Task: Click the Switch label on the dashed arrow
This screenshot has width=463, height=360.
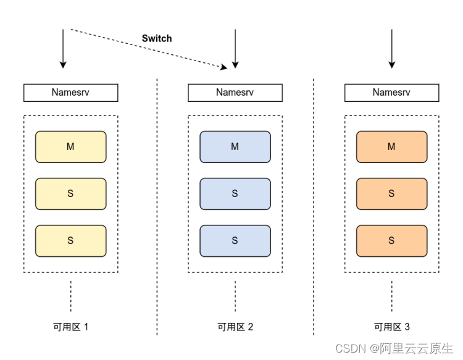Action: [157, 38]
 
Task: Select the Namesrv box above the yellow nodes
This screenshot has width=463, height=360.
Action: [70, 93]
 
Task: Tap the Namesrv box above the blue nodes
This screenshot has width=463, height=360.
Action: [235, 93]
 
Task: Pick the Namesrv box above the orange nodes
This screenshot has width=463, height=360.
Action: [391, 93]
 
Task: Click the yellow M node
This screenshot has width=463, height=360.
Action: [70, 146]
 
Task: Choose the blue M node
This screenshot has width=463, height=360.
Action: [235, 146]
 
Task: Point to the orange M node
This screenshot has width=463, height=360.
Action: [391, 146]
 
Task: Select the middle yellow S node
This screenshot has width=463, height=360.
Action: [70, 194]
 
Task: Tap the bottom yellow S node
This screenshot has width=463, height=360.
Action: [70, 241]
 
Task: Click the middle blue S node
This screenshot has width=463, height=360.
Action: [235, 194]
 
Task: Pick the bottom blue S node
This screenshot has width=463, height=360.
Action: [235, 241]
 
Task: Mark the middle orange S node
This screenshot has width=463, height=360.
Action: [391, 194]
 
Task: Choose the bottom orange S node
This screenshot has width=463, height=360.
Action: [391, 241]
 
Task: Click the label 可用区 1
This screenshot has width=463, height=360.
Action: [70, 327]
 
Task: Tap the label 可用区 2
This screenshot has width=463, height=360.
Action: [235, 327]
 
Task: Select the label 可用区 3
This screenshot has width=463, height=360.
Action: [391, 327]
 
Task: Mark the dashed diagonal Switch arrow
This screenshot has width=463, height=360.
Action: [148, 48]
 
